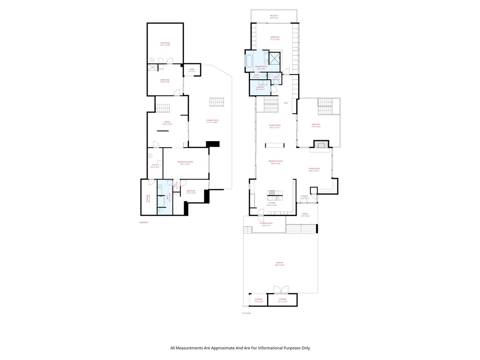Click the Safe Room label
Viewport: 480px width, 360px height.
pos(165,44)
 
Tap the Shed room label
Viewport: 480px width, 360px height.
pos(192,70)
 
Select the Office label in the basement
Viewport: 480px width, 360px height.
pos(167,124)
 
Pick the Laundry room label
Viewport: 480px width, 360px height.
pos(260,88)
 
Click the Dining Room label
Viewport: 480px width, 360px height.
pos(275,126)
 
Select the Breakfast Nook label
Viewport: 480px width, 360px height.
pos(276,162)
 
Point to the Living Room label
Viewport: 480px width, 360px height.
pos(314,170)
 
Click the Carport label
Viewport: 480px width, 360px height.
pos(280,265)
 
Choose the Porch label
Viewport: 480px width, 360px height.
pos(305,215)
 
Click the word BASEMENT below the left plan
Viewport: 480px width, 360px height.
pos(144,222)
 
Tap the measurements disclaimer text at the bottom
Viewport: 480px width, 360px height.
pos(240,348)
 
